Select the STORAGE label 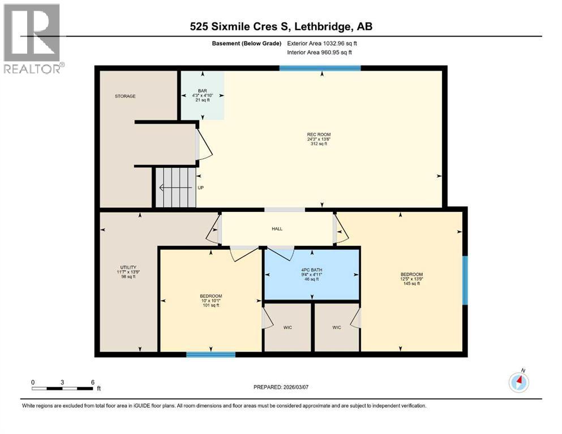pyautogui.click(x=125, y=97)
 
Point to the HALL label pyautogui.click(x=276, y=229)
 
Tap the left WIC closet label pyautogui.click(x=288, y=328)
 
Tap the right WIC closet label pyautogui.click(x=337, y=328)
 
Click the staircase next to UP pyautogui.click(x=175, y=188)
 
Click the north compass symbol pyautogui.click(x=518, y=383)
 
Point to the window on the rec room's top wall pyautogui.click(x=320, y=68)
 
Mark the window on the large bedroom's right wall pyautogui.click(x=465, y=280)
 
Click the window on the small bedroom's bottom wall pyautogui.click(x=211, y=354)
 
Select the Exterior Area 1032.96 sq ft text pyautogui.click(x=323, y=44)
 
